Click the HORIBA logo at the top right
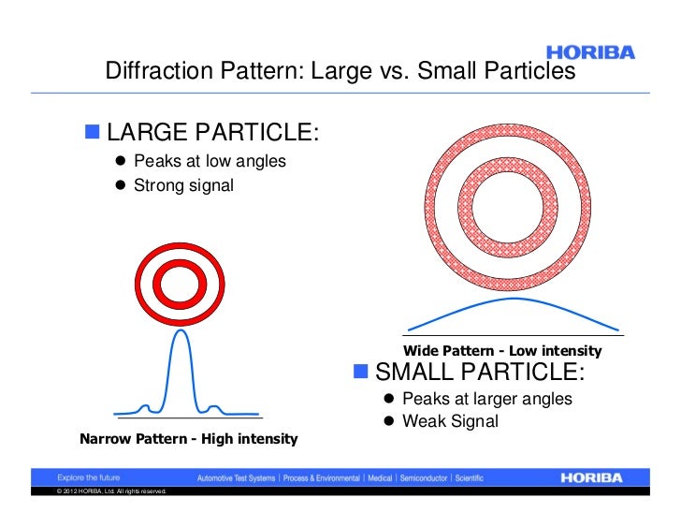(x=589, y=52)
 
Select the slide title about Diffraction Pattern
(x=340, y=72)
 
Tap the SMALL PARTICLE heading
(x=480, y=372)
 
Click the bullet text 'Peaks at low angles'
(x=210, y=161)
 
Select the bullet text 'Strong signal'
(x=183, y=184)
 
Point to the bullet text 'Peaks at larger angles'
(x=486, y=399)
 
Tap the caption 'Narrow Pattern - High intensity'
(x=189, y=438)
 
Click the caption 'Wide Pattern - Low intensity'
(x=502, y=351)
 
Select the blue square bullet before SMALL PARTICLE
(x=361, y=372)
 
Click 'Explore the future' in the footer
(x=86, y=477)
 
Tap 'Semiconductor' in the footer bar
(x=425, y=477)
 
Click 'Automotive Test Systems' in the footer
(x=236, y=477)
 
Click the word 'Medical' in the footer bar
(x=379, y=477)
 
